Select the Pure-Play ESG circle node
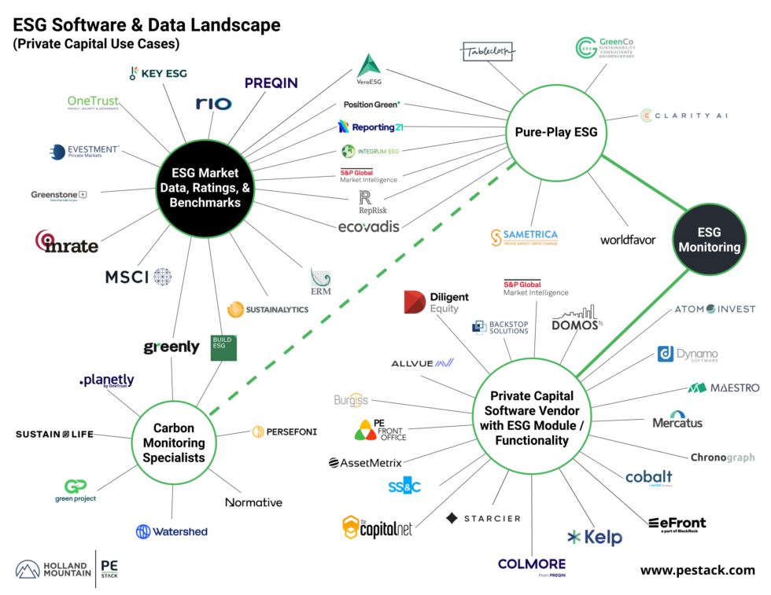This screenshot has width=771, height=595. (x=555, y=132)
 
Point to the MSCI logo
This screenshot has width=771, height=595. (x=138, y=277)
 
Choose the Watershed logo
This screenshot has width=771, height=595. (x=172, y=531)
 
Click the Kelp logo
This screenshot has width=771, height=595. (x=595, y=538)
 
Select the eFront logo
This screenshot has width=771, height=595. (x=677, y=524)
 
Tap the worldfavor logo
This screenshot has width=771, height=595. (x=627, y=240)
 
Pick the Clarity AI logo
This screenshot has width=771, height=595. (x=684, y=116)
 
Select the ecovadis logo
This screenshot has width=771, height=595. (x=368, y=227)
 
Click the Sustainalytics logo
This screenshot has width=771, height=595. (x=267, y=310)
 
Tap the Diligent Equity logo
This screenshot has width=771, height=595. (x=436, y=303)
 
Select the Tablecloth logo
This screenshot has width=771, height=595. (x=488, y=51)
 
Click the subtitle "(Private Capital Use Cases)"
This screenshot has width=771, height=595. (x=96, y=44)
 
